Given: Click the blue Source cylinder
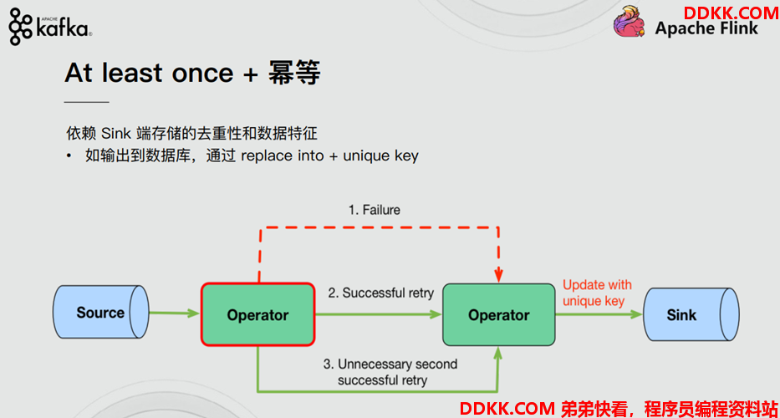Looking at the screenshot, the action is tap(101, 313).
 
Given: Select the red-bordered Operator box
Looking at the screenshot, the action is tap(257, 314).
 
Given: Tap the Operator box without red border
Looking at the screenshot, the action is tap(499, 314).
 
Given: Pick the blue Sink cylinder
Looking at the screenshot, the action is tap(691, 314).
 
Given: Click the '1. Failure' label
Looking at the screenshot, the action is tap(374, 210).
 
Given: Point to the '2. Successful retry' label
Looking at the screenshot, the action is tap(380, 293).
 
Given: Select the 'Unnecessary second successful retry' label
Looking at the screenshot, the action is tap(390, 372).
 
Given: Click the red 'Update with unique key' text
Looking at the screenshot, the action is tap(597, 293).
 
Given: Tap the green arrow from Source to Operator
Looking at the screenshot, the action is tap(174, 313).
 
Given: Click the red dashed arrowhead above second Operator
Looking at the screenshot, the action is tap(498, 275).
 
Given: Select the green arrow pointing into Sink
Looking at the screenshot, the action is tap(599, 314).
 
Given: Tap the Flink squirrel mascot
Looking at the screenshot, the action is tap(630, 22).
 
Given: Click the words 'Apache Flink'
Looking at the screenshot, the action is tap(706, 28).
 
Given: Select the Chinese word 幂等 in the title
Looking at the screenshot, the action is tap(294, 74).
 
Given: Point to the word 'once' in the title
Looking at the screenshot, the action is tap(202, 74).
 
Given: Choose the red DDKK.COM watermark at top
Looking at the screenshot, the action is tap(731, 13).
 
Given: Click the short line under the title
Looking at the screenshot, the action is tap(87, 102).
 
